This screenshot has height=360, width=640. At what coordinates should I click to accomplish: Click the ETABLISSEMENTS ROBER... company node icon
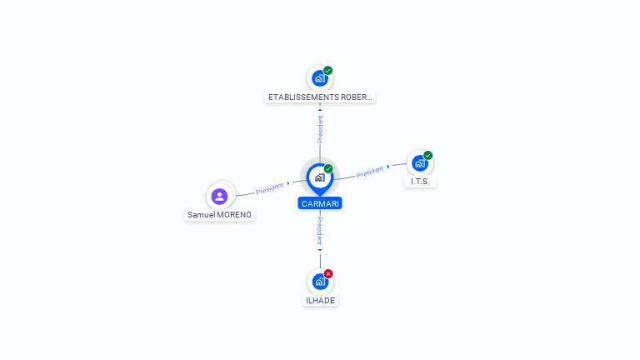[319, 78]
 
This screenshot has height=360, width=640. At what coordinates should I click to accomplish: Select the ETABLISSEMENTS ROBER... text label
[320, 97]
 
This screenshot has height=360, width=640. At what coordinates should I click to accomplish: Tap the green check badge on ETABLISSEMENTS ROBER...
[328, 71]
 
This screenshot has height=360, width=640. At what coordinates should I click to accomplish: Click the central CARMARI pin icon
[319, 177]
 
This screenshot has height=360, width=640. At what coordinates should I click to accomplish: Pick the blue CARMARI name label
[320, 203]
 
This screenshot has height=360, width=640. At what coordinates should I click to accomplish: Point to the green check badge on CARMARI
[328, 169]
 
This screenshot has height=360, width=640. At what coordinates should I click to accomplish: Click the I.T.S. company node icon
[419, 162]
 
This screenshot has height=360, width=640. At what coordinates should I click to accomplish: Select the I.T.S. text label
[420, 181]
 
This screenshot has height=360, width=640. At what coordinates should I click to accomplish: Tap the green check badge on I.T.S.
[428, 155]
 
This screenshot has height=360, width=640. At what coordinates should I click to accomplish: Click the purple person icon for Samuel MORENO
[220, 196]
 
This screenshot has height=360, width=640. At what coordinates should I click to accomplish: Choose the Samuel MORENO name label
[219, 214]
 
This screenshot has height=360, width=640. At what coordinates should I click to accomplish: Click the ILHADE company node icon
[320, 282]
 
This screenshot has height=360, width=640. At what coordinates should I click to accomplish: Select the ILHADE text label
[320, 300]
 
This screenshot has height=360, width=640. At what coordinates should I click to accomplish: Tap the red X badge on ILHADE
[328, 273]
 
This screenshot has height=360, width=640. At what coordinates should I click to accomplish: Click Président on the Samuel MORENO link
[270, 187]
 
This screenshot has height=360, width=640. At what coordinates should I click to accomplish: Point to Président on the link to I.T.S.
[370, 172]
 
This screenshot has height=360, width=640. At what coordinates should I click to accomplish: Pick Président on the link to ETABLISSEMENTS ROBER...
[320, 128]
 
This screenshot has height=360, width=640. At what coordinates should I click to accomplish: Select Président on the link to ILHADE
[320, 230]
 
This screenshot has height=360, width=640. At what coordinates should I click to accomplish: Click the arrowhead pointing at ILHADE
[320, 249]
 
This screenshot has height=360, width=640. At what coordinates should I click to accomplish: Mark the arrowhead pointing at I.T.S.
[388, 167]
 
